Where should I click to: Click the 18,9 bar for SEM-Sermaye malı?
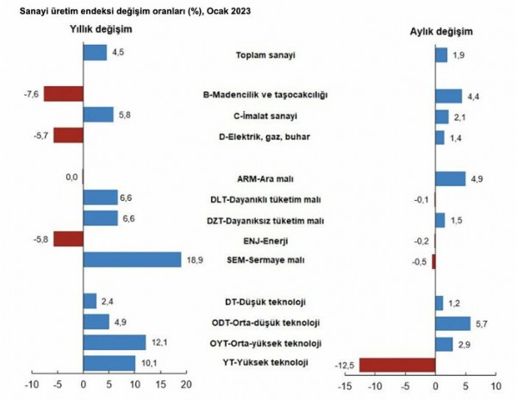pyautogui.click(x=132, y=259)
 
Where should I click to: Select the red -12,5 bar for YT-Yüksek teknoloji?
pyautogui.click(x=396, y=365)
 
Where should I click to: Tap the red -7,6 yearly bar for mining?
pyautogui.click(x=64, y=94)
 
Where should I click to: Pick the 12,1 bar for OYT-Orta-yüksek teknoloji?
pyautogui.click(x=115, y=342)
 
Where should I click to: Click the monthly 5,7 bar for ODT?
pyautogui.click(x=452, y=323)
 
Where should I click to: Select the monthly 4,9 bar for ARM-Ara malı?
pyautogui.click(x=450, y=178)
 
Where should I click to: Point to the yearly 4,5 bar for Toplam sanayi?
pyautogui.click(x=95, y=53)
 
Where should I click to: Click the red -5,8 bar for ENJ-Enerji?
pyautogui.click(x=68, y=239)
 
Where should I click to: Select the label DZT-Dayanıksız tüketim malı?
pyautogui.click(x=265, y=220)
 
